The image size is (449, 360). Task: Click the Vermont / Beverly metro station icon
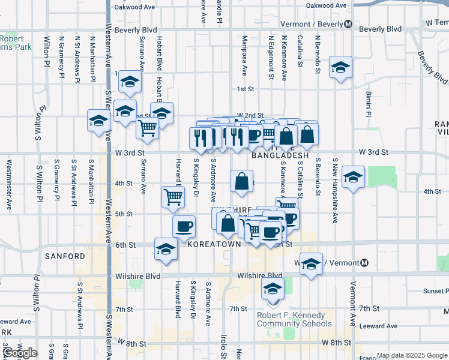[x=348, y=24]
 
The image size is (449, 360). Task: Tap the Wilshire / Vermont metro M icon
[x=364, y=263]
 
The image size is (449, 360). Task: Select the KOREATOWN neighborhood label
[x=214, y=245]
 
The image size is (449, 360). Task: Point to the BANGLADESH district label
[x=280, y=155]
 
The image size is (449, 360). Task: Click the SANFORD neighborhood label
[x=65, y=256]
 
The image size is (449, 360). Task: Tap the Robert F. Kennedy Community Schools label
[x=291, y=319]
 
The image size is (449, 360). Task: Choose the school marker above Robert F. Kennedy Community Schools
[x=272, y=290]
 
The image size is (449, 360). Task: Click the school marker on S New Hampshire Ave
[x=354, y=176]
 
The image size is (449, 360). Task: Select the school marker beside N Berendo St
[x=340, y=68]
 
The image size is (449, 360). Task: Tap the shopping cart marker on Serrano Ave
[x=147, y=127]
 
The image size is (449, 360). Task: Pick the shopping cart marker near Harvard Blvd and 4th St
[x=173, y=196]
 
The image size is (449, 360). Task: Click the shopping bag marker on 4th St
[x=241, y=181]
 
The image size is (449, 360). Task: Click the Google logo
[x=20, y=353]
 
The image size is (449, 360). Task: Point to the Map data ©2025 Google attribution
[x=411, y=355]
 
